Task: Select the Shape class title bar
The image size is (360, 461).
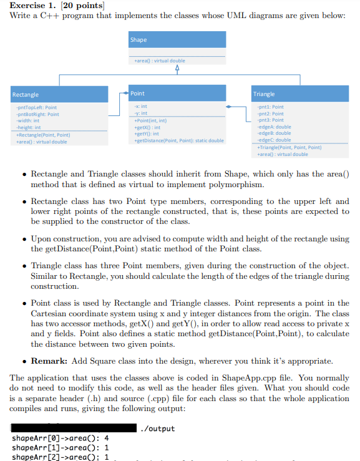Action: point(177,39)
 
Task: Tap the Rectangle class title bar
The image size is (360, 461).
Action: point(56,94)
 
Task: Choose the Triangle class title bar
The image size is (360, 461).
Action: point(299,94)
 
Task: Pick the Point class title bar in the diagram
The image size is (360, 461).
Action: point(177,94)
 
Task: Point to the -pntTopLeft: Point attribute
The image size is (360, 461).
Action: point(35,108)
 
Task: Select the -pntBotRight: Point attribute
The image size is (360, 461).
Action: point(36,114)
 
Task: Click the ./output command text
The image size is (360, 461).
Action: point(158,429)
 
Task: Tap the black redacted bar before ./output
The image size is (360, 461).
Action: point(75,428)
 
